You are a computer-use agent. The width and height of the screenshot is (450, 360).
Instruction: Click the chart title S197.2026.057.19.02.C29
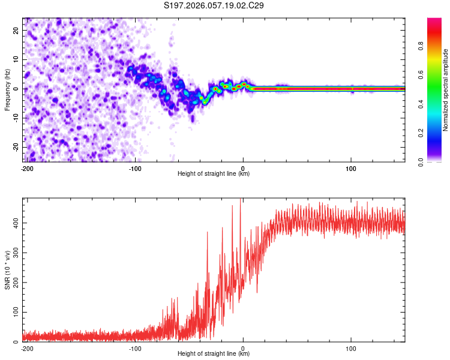(x=214, y=6)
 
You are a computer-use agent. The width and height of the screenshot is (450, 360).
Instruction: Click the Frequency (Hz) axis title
(x=7, y=90)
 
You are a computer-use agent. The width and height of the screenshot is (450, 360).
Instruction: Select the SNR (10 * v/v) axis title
(x=7, y=269)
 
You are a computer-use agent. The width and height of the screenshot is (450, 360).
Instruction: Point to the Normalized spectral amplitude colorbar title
(x=446, y=90)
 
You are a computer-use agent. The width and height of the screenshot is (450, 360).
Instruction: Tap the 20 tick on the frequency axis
(x=16, y=30)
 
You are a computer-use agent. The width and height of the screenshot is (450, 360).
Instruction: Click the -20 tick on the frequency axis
(x=15, y=148)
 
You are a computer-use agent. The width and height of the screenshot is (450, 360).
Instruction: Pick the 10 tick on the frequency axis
(x=16, y=59)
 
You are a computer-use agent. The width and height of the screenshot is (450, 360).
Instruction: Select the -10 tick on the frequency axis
(x=15, y=118)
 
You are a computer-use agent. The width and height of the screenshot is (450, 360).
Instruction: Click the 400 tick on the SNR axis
(x=14, y=223)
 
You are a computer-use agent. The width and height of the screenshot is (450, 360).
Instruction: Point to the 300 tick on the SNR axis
(x=14, y=253)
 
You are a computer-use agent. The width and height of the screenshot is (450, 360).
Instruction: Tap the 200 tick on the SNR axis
(x=14, y=283)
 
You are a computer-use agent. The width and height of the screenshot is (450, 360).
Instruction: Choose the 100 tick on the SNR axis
(x=14, y=313)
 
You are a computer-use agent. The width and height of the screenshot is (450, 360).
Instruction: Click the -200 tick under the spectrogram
(x=26, y=168)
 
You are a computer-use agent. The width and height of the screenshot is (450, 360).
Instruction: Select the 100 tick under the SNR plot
(x=352, y=348)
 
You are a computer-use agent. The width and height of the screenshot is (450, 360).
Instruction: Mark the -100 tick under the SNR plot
(x=134, y=348)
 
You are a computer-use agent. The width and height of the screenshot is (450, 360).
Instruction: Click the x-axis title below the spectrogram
(x=214, y=174)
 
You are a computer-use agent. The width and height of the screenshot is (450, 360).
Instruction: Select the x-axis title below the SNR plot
(x=214, y=354)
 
